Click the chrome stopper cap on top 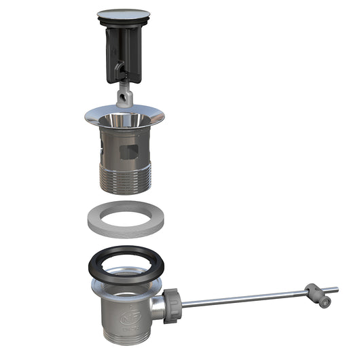tap(124, 13)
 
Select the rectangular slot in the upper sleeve tap(129, 151)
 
